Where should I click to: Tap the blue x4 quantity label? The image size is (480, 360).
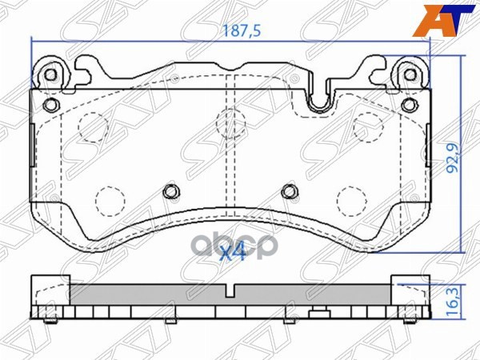point(233,253)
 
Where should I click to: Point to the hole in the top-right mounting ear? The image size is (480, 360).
point(410,74)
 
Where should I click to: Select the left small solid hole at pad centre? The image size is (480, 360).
point(170,190)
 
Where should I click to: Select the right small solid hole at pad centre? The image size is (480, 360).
point(289,190)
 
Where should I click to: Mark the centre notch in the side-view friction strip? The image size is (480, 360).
point(230,292)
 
